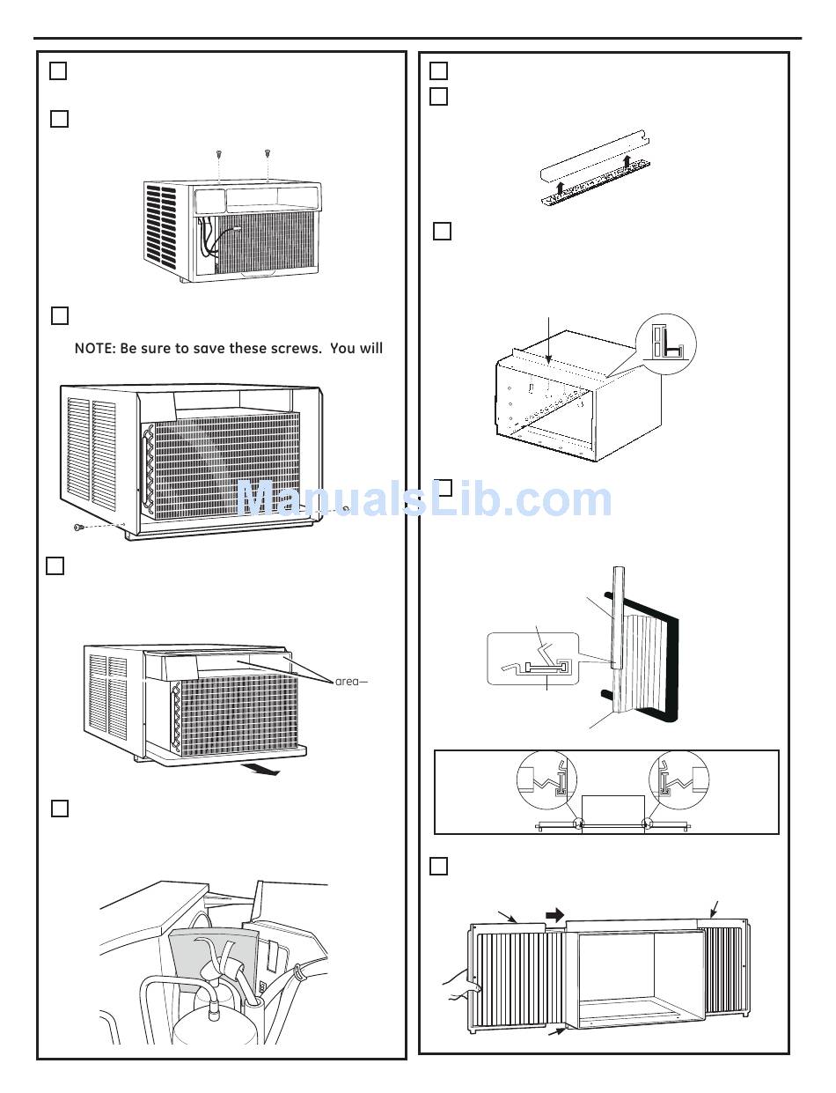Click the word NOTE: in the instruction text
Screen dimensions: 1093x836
pos(94,349)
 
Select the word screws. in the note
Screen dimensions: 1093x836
pos(297,349)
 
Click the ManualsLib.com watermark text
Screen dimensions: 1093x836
pos(424,499)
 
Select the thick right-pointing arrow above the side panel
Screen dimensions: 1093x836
pos(556,916)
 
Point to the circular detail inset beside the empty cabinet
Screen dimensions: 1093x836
pos(665,344)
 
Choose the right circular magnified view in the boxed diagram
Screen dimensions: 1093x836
pos(678,779)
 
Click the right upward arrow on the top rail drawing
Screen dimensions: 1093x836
pos(627,161)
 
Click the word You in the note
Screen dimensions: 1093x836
pos(343,349)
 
